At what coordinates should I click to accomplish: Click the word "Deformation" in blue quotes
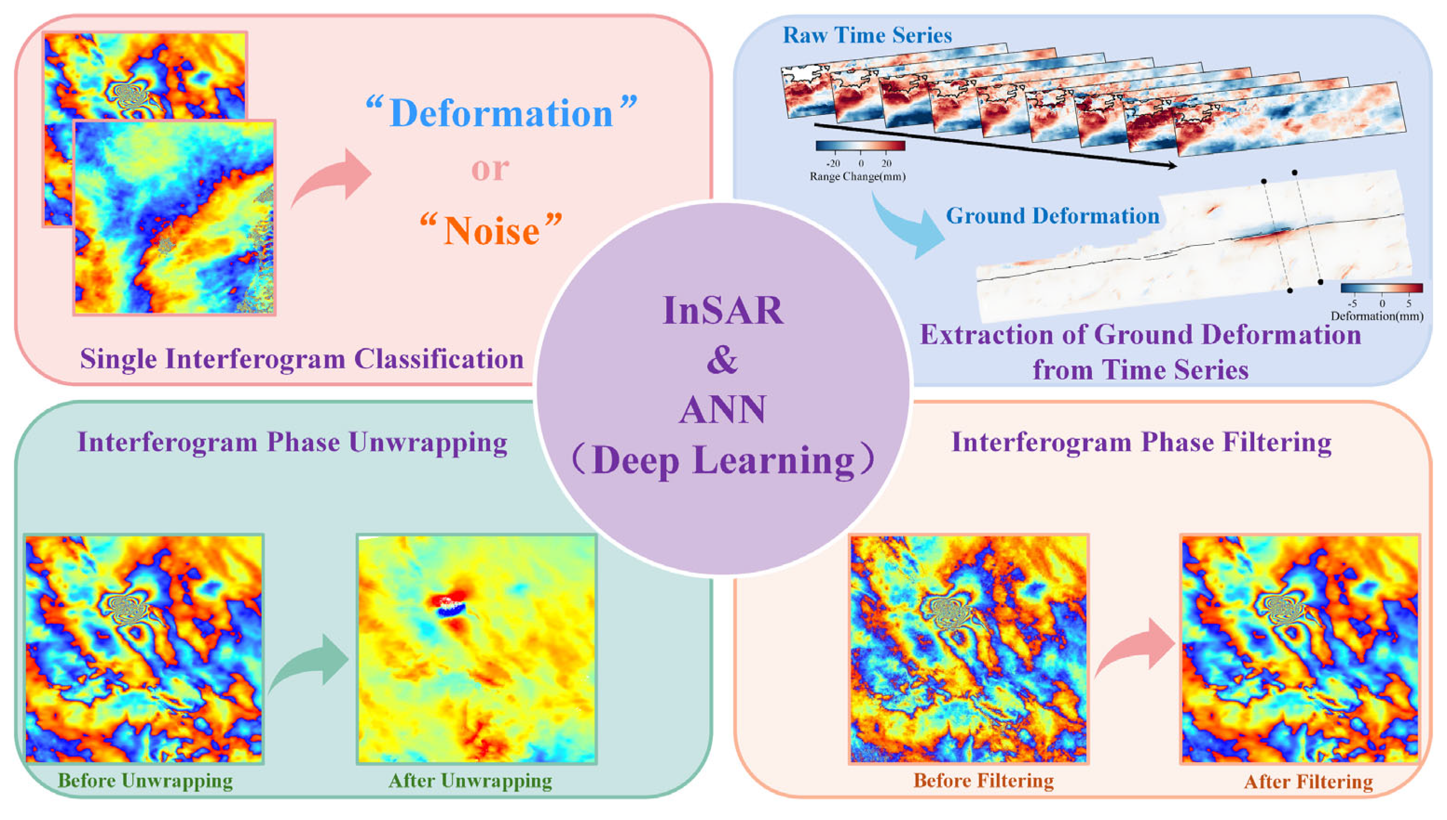point(501,114)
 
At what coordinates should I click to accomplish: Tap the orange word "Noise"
point(492,231)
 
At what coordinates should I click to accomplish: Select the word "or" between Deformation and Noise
point(490,169)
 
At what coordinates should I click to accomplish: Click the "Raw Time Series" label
point(867,35)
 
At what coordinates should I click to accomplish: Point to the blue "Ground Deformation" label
point(1052,216)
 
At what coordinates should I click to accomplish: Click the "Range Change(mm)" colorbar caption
point(858,177)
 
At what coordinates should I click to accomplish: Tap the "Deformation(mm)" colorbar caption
point(1377,316)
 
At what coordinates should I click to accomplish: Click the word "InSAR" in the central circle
point(723,310)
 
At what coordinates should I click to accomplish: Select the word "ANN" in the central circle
point(723,409)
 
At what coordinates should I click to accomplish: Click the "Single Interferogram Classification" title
point(302,359)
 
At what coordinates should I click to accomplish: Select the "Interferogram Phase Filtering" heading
point(1141,442)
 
